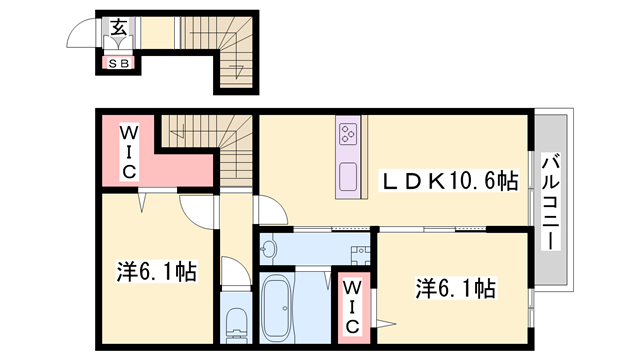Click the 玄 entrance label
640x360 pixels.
pos(119,27)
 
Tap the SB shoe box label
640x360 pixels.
pos(119,64)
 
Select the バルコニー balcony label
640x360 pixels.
pos(550,201)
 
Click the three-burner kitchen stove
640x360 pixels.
pos(349,134)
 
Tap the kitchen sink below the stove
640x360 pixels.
pos(348,174)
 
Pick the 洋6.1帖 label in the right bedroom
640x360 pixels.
pos(456,290)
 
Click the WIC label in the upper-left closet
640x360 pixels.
pos(130,152)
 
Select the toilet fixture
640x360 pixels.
pos(234,322)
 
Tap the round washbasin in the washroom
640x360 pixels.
pos(270,246)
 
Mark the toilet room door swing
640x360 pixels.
pos(230,272)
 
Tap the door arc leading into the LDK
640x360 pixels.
pos(268,208)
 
